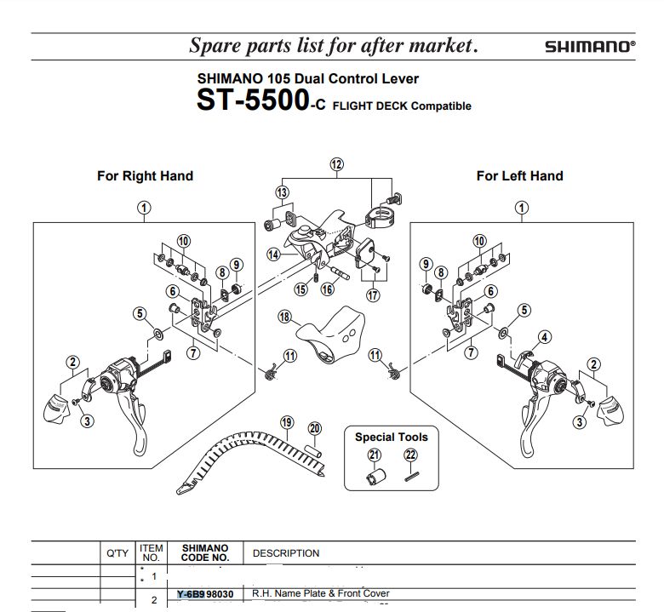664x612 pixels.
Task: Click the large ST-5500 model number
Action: point(252,100)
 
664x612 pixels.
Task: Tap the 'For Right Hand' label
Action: point(145,176)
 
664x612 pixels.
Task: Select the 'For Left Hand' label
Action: point(519,176)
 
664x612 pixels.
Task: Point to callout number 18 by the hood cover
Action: point(284,317)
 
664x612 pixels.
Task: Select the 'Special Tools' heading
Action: point(392,438)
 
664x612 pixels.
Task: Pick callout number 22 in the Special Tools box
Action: point(410,455)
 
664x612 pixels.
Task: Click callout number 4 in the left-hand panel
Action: point(544,336)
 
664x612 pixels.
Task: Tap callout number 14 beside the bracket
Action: point(273,255)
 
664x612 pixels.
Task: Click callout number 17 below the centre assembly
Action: point(372,295)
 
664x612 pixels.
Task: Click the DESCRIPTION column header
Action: point(286,553)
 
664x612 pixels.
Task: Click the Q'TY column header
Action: point(117,553)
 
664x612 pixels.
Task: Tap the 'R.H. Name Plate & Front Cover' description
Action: point(321,593)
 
